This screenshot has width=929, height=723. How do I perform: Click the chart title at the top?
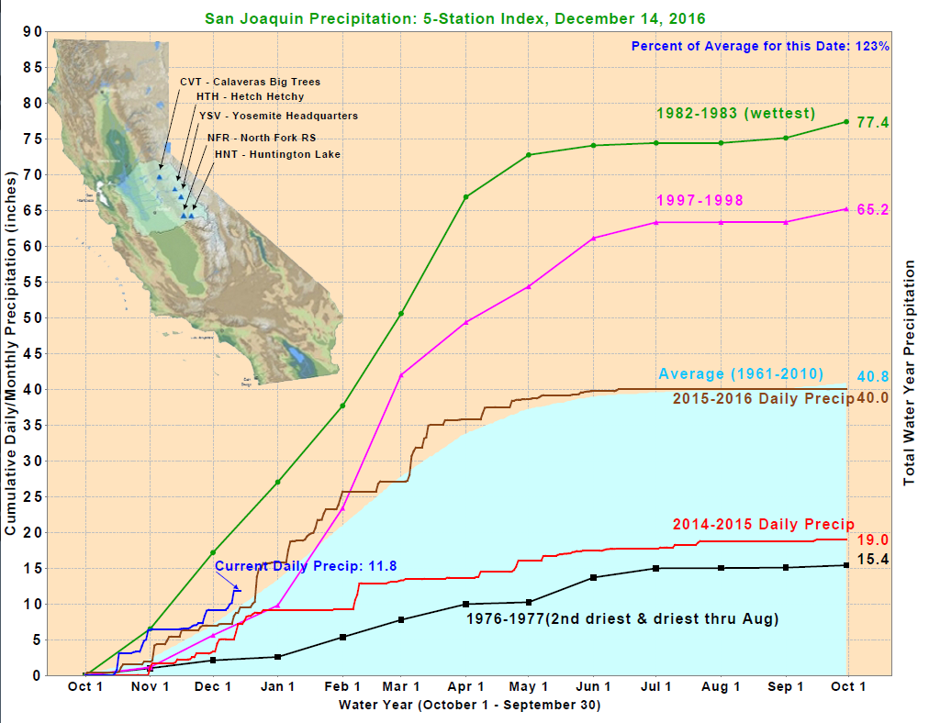click(x=455, y=17)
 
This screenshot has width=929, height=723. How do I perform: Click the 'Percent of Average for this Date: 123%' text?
click(x=760, y=46)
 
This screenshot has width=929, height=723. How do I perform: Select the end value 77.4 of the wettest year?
click(x=872, y=122)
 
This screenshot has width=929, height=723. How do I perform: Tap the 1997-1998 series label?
click(x=700, y=200)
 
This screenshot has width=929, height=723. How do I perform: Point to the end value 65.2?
click(x=872, y=209)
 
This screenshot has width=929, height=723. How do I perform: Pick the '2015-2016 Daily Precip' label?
click(x=763, y=398)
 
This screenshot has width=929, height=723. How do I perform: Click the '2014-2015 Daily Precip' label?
click(x=763, y=524)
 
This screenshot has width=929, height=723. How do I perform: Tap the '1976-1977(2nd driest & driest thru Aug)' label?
click(x=622, y=619)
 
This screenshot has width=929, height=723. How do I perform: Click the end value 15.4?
click(x=872, y=559)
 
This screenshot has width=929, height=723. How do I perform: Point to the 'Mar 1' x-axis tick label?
click(x=401, y=686)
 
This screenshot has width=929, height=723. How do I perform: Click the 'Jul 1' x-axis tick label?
click(x=656, y=686)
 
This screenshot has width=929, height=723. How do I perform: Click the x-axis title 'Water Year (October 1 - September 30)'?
click(x=469, y=705)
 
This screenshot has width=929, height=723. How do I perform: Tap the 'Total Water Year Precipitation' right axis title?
click(x=910, y=373)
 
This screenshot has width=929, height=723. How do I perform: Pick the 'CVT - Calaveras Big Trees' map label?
click(x=250, y=82)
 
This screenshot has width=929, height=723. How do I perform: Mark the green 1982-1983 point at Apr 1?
click(x=466, y=197)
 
